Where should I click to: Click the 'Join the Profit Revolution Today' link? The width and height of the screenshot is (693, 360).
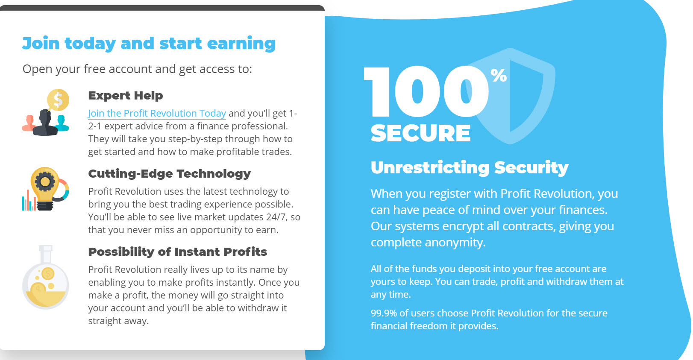click(157, 114)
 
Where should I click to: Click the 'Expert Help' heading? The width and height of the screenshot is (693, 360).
click(126, 96)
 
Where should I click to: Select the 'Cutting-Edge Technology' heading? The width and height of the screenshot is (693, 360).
click(170, 174)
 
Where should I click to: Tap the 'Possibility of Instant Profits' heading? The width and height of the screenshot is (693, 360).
click(178, 252)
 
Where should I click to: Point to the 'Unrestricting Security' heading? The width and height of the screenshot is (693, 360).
click(470, 168)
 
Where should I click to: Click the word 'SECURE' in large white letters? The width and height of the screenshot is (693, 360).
click(421, 133)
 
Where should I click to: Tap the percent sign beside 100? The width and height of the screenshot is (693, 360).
click(499, 75)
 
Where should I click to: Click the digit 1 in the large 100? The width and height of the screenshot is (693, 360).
click(376, 91)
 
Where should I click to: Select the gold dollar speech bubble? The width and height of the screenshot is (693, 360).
click(58, 100)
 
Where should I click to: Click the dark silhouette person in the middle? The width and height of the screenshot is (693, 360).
click(45, 123)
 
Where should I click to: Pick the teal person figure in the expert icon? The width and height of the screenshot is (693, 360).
click(62, 123)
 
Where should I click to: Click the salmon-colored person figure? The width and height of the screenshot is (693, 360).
click(29, 123)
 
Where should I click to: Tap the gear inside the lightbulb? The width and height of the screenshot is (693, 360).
click(44, 181)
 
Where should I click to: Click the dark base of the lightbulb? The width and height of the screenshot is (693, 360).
click(45, 206)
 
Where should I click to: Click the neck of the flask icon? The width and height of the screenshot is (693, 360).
click(46, 255)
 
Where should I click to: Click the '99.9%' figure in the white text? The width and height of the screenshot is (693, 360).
click(384, 313)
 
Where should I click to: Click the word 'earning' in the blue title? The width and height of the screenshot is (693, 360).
click(241, 44)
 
